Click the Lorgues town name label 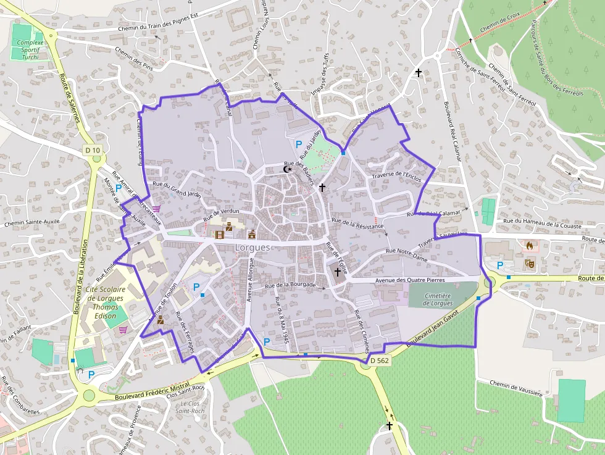pyautogui.click(x=252, y=248)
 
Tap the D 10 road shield pyautogui.click(x=93, y=150)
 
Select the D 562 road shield pyautogui.click(x=380, y=361)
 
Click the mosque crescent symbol pyautogui.click(x=286, y=169)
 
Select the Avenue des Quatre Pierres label pyautogui.click(x=410, y=280)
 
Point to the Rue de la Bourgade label pyautogui.click(x=290, y=285)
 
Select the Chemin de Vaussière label pyautogui.click(x=517, y=388)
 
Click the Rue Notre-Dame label pyautogui.click(x=406, y=255)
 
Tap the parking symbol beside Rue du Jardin pyautogui.click(x=299, y=144)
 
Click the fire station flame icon pyautogui.click(x=529, y=245)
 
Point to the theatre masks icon pyautogui.click(x=529, y=263)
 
